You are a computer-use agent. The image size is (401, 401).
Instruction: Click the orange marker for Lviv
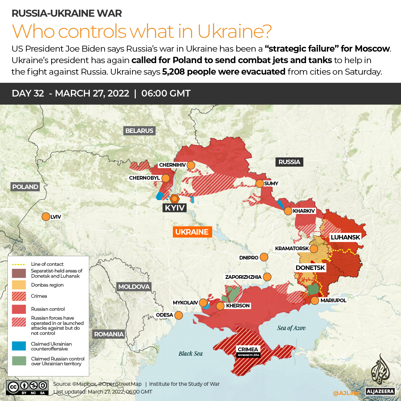tap(46, 217)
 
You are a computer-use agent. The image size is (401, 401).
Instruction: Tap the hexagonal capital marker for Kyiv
tap(174, 198)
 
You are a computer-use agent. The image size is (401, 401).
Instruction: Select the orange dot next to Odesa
tap(178, 315)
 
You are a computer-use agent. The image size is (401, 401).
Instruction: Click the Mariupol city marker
tap(315, 300)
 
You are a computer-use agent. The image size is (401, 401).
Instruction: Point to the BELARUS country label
tap(139, 131)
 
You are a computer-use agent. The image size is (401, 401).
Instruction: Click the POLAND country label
tap(25, 187)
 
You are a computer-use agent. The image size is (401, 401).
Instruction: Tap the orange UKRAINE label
tap(192, 232)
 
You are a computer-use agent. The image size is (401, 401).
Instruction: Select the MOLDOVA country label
tap(134, 287)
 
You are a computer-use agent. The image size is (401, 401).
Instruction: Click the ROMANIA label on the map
tap(109, 334)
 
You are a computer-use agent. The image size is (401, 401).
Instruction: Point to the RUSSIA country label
tap(289, 162)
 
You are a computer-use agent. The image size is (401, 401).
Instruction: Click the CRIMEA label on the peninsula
tap(248, 349)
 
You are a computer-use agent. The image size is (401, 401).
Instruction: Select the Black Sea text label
tap(190, 353)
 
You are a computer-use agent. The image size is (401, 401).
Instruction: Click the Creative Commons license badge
tap(27, 387)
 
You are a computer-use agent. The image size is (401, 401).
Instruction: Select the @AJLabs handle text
tap(346, 392)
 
